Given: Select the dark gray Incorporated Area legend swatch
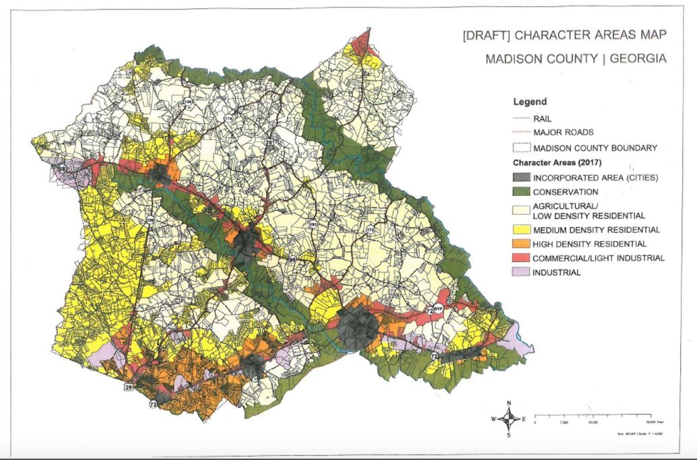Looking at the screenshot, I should [x=521, y=178].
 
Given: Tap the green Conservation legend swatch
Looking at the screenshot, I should [x=521, y=192].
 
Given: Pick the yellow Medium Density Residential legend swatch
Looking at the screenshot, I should [x=521, y=230].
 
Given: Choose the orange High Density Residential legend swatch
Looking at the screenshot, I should [x=521, y=244].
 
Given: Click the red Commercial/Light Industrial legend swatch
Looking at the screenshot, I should [x=521, y=258].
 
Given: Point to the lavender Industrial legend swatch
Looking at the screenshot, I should [x=521, y=272].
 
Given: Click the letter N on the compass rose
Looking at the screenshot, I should [x=509, y=403].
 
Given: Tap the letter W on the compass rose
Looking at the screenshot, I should [x=494, y=419].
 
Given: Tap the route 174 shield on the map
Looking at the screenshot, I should [x=228, y=119].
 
